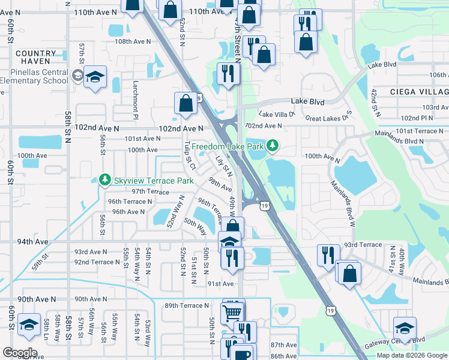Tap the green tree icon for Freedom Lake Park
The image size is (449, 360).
pos(273,145)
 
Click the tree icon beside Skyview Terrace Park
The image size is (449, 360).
pos(104,180)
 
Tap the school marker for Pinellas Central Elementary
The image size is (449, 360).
pos(95,78)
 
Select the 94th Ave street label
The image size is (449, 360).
pos(32,241)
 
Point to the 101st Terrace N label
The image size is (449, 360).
pos(400,130)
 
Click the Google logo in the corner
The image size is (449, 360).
pos(20,353)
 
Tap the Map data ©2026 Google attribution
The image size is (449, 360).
pos(411,355)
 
